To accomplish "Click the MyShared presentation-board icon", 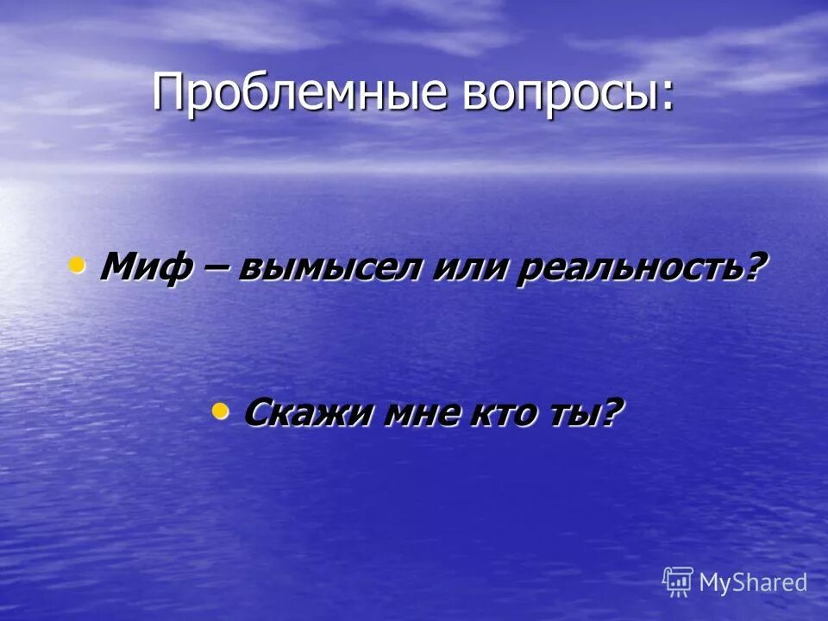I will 678,582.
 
